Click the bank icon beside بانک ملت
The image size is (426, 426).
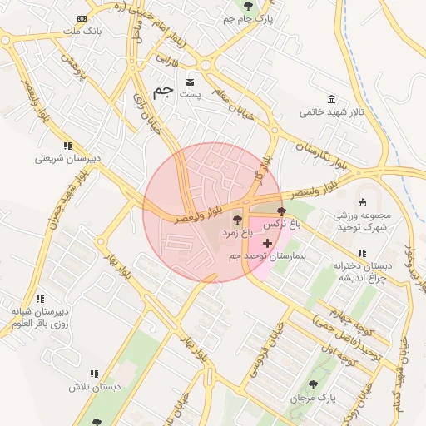click(82, 18)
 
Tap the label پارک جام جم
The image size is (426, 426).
click(253, 17)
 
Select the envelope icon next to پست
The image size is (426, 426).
click(191, 82)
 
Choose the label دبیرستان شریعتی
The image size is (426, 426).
click(67, 158)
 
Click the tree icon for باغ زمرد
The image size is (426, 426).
click(238, 220)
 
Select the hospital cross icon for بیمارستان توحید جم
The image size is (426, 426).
click(266, 243)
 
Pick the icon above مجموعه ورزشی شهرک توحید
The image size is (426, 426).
click(362, 202)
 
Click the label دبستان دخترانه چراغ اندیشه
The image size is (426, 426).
click(361, 271)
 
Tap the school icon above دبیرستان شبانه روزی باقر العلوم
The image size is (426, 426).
click(40, 298)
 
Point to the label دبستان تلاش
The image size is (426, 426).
click(96, 388)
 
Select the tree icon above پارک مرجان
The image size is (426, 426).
click(313, 384)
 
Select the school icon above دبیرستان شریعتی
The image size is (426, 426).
click(67, 146)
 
